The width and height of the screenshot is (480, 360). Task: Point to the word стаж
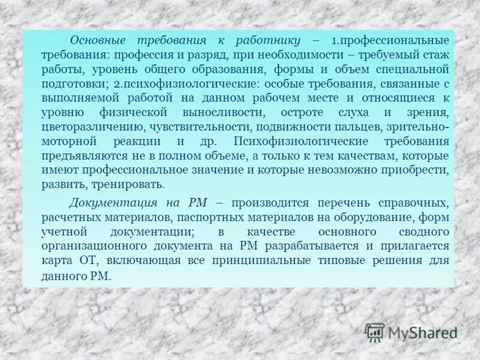[x=436, y=54]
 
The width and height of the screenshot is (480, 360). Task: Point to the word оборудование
[x=369, y=217]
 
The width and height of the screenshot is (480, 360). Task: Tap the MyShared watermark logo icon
[x=375, y=332]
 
